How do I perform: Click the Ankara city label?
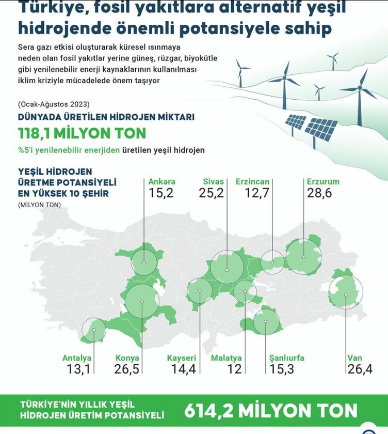click(x=161, y=181)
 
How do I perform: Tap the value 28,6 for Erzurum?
click(x=319, y=193)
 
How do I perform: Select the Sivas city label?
click(x=213, y=181)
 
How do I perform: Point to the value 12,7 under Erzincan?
click(x=257, y=193)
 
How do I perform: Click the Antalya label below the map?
click(x=76, y=358)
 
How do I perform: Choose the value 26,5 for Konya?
click(x=126, y=369)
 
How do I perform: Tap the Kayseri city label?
click(x=181, y=358)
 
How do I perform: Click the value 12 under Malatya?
click(x=234, y=369)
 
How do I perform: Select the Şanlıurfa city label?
click(x=286, y=358)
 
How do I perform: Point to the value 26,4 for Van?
click(x=360, y=369)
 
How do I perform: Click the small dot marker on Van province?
click(x=346, y=295)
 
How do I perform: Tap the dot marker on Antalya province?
click(x=94, y=330)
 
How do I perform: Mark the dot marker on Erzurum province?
click(x=303, y=257)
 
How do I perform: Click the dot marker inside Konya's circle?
click(x=142, y=301)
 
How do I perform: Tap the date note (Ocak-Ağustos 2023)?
click(x=54, y=104)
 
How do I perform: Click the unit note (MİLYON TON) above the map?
click(x=39, y=205)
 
